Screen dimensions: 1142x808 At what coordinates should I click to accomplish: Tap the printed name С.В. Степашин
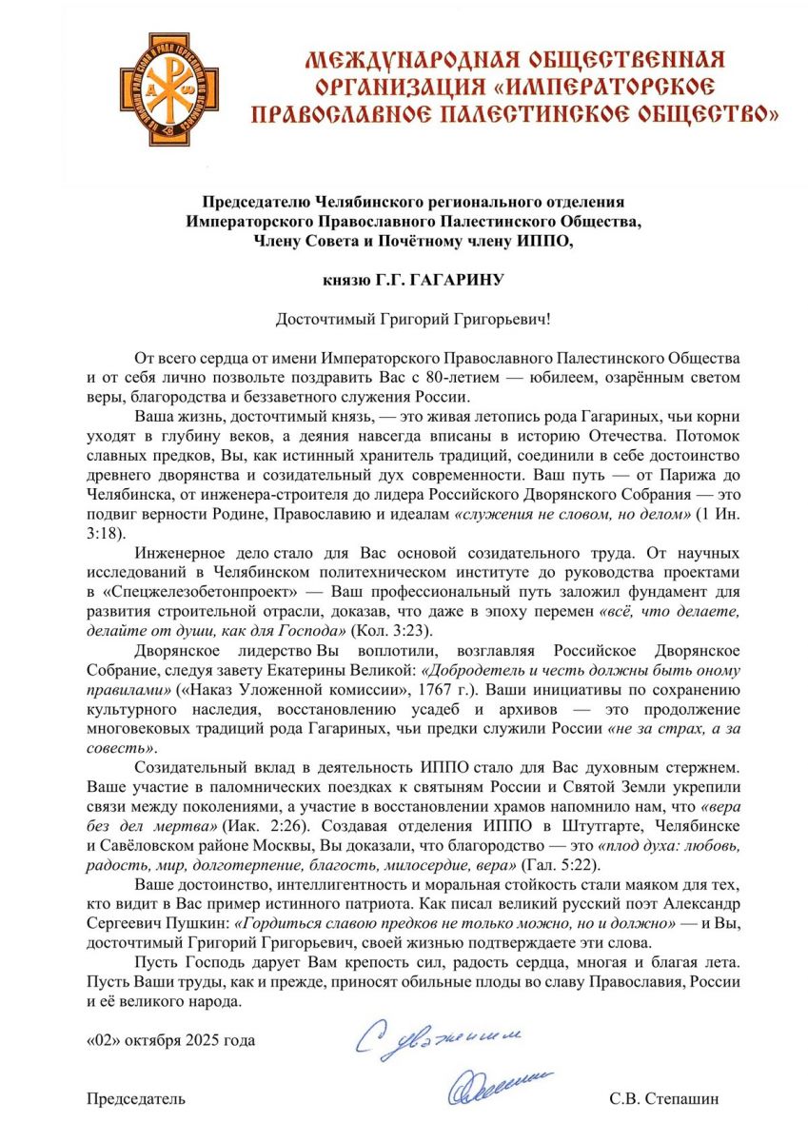pos(664,1099)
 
